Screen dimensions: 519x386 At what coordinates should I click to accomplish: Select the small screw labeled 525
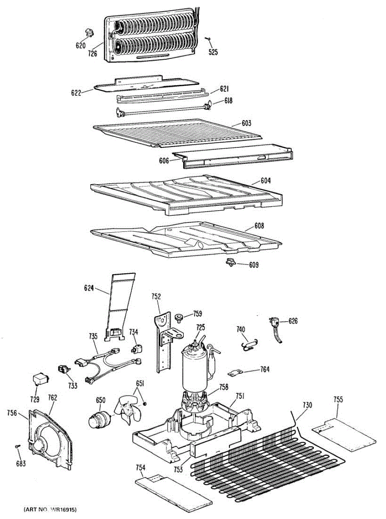(x=208, y=39)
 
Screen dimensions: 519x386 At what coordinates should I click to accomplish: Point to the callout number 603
(x=246, y=123)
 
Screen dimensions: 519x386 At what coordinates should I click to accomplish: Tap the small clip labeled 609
(x=230, y=261)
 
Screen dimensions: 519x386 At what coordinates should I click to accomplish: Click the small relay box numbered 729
(x=40, y=379)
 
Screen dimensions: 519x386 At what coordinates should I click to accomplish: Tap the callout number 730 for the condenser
(x=307, y=405)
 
